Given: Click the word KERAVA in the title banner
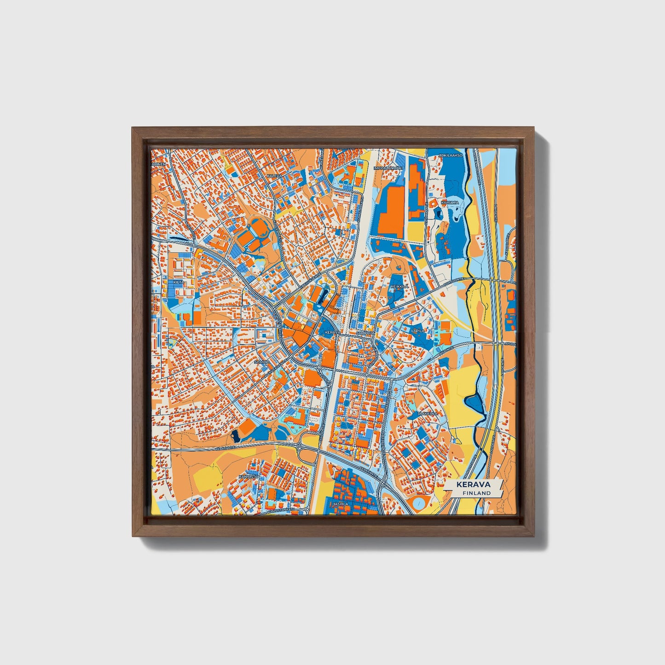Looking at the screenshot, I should point(473,485).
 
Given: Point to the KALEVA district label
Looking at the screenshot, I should point(273,176).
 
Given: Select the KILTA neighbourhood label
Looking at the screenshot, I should point(178,282).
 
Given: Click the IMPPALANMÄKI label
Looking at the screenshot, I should point(388,168).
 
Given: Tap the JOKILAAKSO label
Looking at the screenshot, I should point(451,156).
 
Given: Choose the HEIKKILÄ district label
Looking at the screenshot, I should point(399,286).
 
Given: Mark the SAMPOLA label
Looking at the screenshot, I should point(365,332).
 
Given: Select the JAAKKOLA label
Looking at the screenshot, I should point(427,414).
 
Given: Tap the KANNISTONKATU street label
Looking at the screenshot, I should point(283,510).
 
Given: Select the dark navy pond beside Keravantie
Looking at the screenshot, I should point(236,434).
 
